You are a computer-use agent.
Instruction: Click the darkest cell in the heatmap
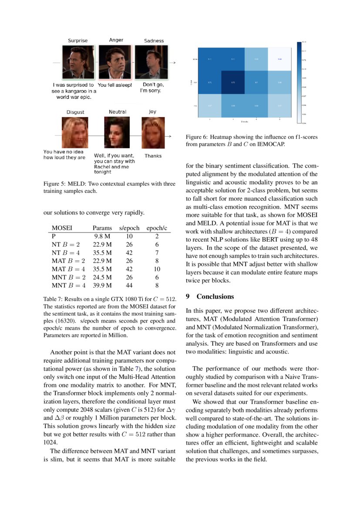[x=233, y=81]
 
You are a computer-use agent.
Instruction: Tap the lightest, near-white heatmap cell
[x=279, y=58]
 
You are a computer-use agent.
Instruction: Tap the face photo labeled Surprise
[x=77, y=62]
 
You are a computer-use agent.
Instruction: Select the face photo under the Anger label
[x=115, y=62]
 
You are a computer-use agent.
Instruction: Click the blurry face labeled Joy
[x=152, y=135]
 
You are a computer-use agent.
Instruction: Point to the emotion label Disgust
[x=75, y=112]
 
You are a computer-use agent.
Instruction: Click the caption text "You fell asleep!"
[x=114, y=85]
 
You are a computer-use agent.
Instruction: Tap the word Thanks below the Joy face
[x=153, y=155]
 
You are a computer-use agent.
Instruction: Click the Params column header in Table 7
[x=102, y=228]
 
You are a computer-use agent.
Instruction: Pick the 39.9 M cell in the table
[x=103, y=285]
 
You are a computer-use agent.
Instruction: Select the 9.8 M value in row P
[x=103, y=236]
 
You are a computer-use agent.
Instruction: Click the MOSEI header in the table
[x=62, y=228]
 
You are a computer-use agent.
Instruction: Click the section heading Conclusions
[x=215, y=297]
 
